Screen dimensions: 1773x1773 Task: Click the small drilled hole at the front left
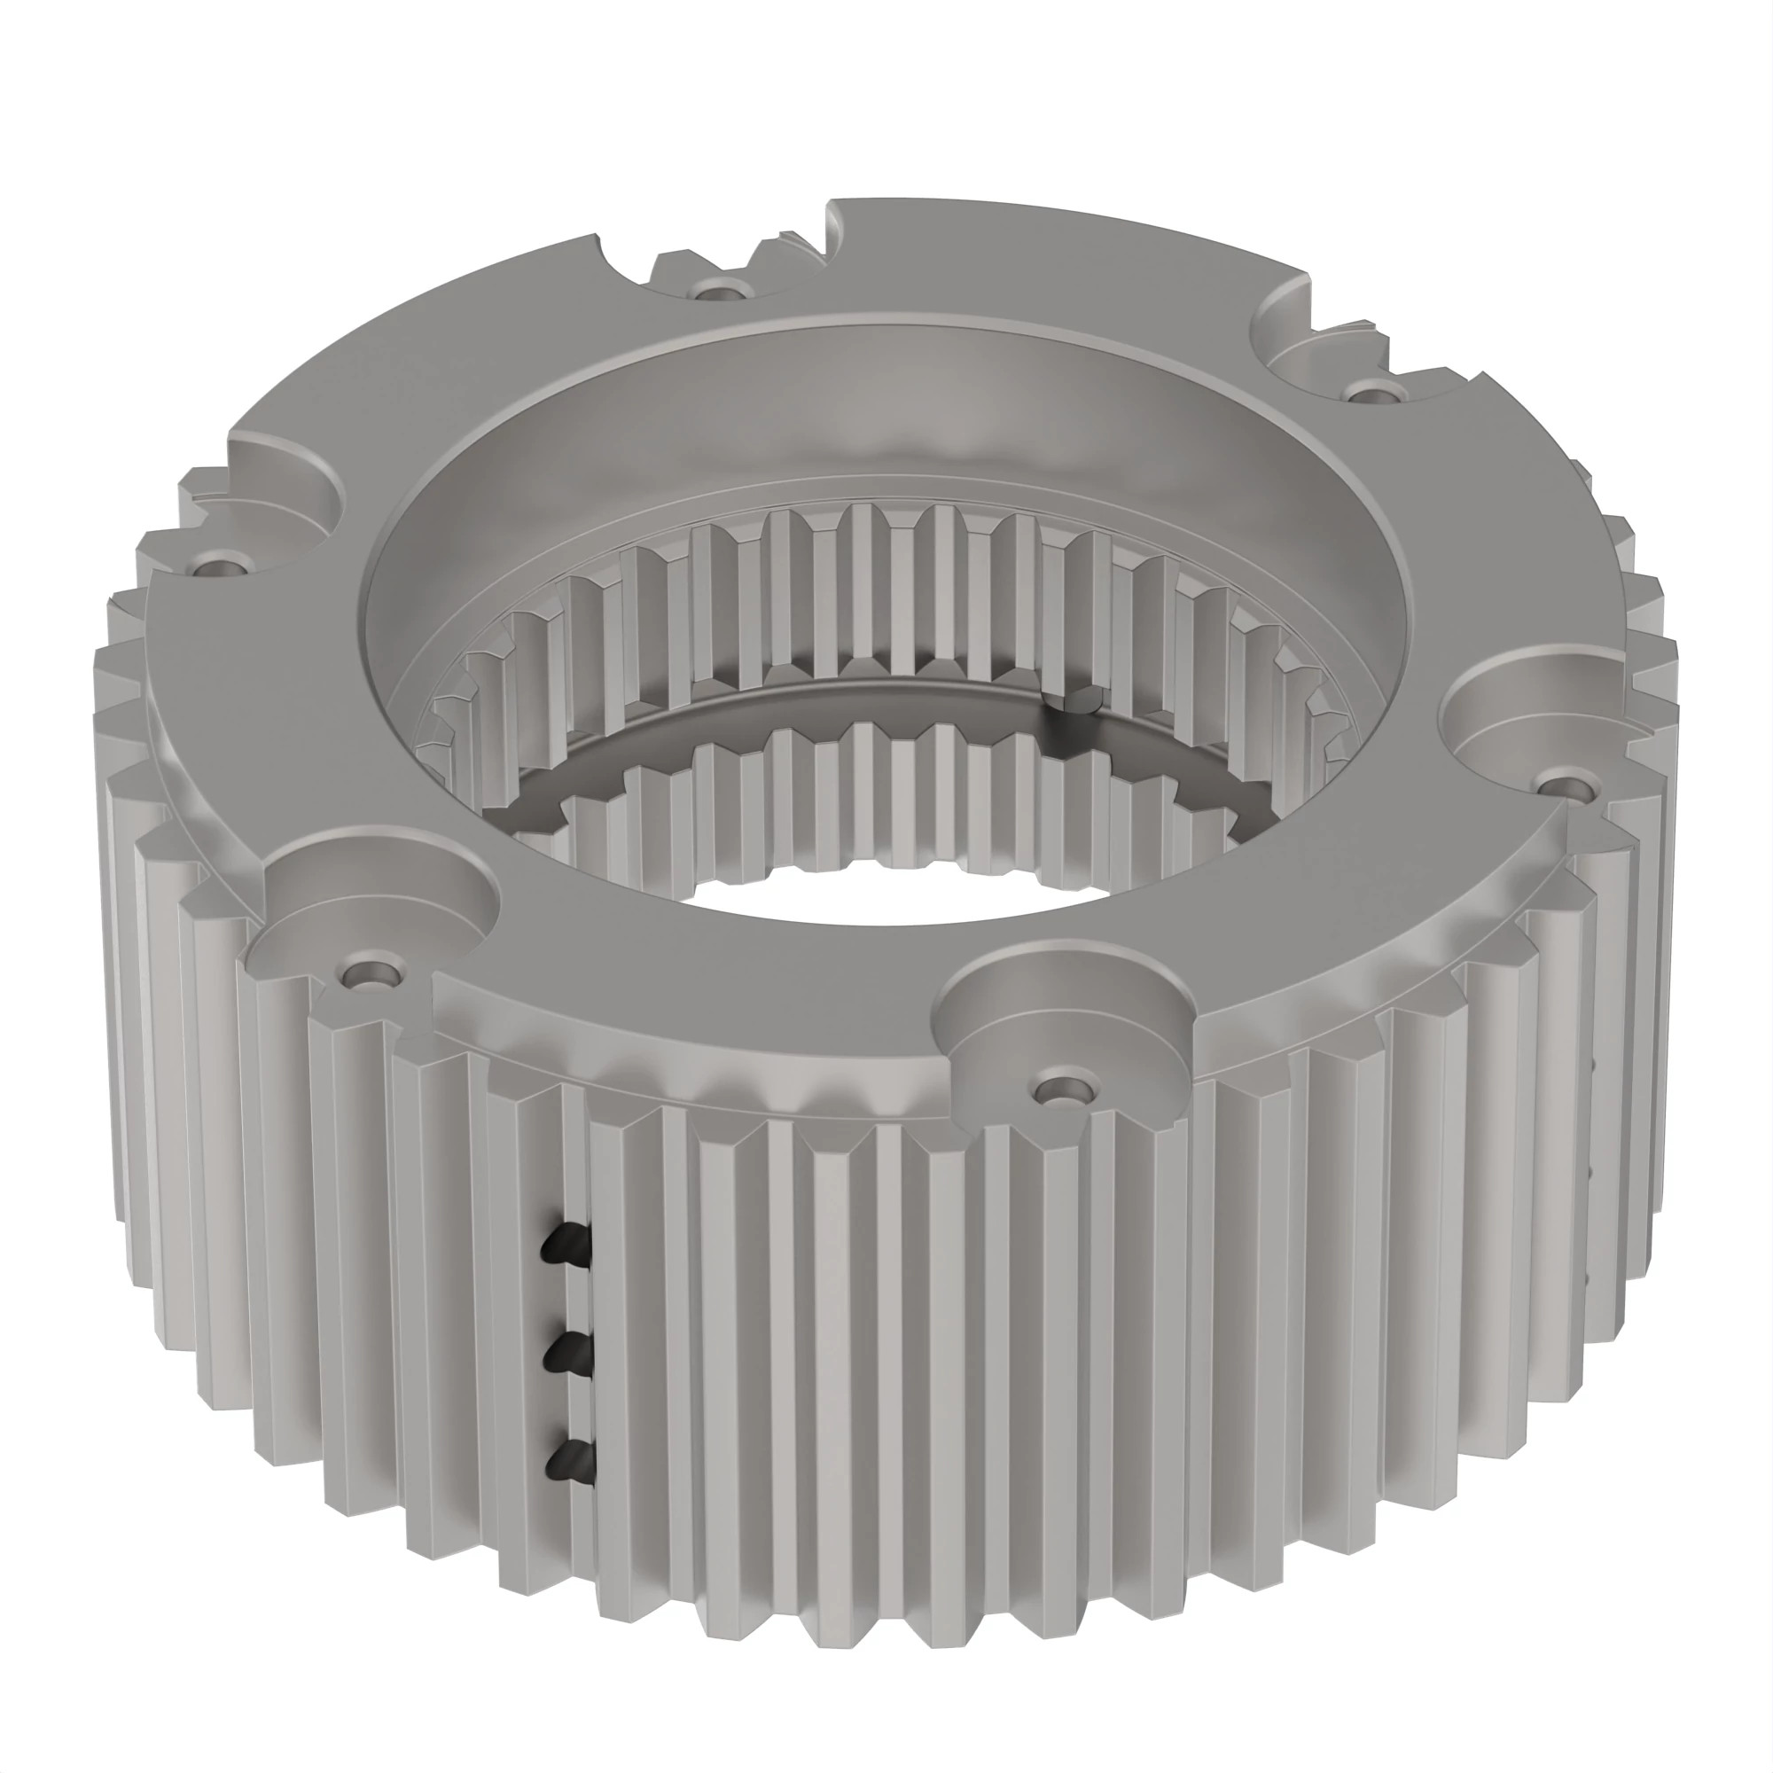pyautogui.click(x=371, y=972)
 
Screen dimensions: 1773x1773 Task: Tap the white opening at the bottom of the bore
pyautogui.click(x=881, y=904)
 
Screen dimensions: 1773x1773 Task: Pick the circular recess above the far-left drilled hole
pyautogui.click(x=276, y=496)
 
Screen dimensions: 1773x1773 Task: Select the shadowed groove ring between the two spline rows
pyautogui.click(x=881, y=702)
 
